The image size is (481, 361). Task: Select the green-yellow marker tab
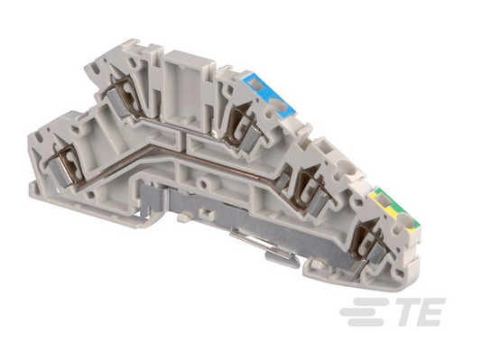[x=395, y=211]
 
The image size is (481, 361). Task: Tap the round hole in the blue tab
[x=281, y=105]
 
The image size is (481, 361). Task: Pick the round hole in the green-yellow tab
[x=405, y=222]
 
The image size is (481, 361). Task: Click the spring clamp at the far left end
[x=66, y=166]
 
